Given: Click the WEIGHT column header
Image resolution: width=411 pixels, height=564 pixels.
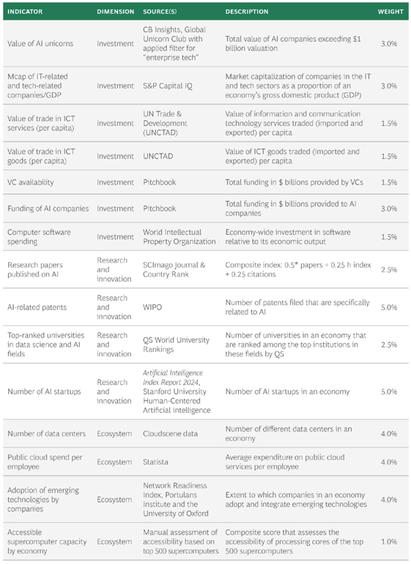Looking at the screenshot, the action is tap(390, 12).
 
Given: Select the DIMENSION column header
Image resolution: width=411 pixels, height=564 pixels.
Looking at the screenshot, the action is tap(115, 12).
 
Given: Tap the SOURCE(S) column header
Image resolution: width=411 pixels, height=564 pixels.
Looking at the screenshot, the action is tap(160, 12).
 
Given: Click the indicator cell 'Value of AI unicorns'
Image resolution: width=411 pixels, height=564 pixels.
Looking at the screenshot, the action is tap(40, 43).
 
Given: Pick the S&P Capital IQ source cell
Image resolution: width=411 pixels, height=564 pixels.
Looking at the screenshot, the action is tap(168, 86).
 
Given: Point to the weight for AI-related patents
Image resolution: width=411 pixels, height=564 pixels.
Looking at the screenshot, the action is tap(389, 307).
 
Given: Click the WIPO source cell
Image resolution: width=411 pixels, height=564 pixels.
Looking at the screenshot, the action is tap(152, 307).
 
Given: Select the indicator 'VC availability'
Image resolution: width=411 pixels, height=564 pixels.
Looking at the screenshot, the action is tap(31, 183).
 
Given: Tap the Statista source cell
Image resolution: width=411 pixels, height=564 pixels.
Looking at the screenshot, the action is tap(155, 462).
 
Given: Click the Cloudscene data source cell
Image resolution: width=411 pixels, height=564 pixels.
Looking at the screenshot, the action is tap(170, 433).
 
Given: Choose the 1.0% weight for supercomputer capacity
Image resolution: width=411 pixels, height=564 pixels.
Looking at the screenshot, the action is tap(389, 542).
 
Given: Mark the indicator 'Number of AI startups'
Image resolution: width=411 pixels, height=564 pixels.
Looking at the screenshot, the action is tap(44, 392).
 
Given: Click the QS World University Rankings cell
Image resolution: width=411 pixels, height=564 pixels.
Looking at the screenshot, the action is tap(176, 345).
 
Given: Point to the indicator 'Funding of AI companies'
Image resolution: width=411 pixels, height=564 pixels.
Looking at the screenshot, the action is tap(48, 208).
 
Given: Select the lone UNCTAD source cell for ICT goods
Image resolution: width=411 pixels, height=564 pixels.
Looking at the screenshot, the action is tap(158, 156).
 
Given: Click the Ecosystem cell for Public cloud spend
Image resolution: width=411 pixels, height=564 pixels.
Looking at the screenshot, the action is tap(114, 462).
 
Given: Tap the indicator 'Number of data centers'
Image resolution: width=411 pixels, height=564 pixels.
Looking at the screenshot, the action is tap(47, 433).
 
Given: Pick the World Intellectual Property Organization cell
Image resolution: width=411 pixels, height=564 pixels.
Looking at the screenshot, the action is tap(179, 237).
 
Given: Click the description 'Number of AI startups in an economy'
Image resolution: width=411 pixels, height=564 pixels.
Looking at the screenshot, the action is tap(287, 392).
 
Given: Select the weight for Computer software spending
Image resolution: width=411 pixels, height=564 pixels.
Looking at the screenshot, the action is tap(389, 237).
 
